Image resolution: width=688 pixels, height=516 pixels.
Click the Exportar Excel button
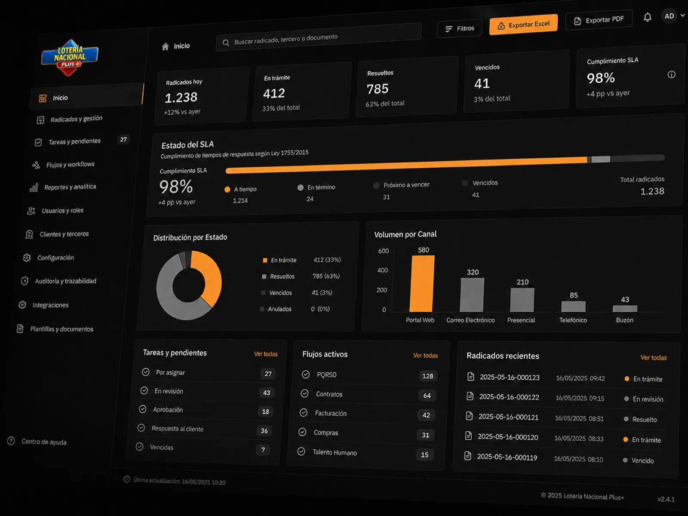(523, 25)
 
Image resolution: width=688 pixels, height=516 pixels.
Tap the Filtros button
(460, 29)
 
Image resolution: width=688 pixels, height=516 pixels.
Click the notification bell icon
(647, 17)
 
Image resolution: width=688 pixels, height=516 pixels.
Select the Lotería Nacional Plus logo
(70, 58)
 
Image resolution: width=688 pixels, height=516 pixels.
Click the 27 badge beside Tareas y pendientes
(123, 139)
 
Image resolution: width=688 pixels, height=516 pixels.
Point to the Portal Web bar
(422, 283)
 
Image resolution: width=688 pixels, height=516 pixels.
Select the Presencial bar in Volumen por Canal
(522, 300)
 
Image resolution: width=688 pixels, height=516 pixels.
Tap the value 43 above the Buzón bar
(625, 300)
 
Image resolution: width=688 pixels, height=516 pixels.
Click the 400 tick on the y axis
(382, 270)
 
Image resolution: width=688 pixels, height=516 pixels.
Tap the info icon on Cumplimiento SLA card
(671, 74)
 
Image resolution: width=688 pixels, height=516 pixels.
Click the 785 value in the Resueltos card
(378, 89)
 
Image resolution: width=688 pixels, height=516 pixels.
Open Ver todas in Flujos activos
(425, 355)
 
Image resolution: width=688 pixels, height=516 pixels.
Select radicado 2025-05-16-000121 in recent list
(508, 417)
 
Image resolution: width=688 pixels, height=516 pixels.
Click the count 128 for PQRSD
(427, 376)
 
